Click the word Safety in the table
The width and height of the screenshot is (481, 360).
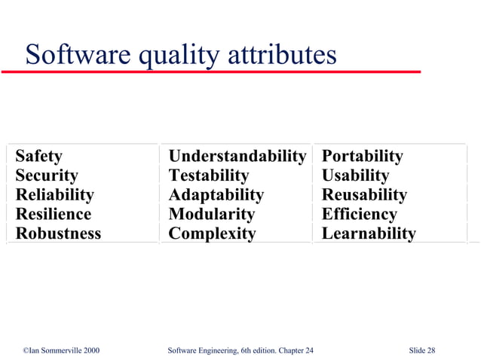[39, 157]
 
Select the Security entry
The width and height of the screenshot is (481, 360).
[47, 175]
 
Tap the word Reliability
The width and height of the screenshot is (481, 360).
[55, 195]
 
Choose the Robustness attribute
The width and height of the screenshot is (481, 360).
[58, 233]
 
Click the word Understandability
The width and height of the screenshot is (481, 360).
[237, 157]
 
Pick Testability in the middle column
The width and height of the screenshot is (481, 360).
[209, 175]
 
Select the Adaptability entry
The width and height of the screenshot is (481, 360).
[216, 195]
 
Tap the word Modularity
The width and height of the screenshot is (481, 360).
[212, 214]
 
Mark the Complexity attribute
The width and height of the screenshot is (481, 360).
[212, 233]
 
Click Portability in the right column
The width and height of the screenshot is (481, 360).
[362, 157]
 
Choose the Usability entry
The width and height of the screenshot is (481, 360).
[355, 175]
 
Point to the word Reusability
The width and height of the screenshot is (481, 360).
[364, 195]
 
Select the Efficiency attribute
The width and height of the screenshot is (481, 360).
[359, 214]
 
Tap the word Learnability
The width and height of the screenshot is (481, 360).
[368, 233]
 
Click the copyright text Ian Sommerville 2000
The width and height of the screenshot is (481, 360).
[61, 351]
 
